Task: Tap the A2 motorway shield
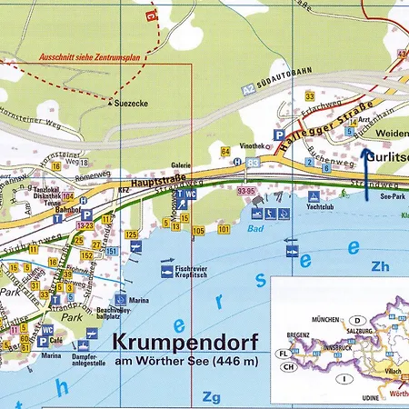click(248, 90)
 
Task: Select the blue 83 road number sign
click(252, 162)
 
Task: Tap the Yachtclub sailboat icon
click(314, 196)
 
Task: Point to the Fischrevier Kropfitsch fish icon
click(167, 270)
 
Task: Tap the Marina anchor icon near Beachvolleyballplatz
click(119, 298)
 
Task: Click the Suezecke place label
click(133, 104)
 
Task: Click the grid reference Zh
click(379, 266)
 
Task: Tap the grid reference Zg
click(211, 396)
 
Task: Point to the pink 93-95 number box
click(245, 192)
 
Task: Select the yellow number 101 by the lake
click(223, 229)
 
